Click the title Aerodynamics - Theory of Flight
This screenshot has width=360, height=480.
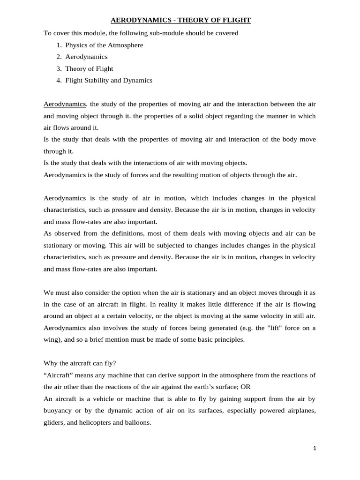coord(180,20)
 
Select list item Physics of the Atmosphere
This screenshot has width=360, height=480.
coord(104,45)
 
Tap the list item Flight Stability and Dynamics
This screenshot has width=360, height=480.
coord(109,80)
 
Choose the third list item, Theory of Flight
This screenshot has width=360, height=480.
coord(89,68)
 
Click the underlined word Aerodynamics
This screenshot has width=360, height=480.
coord(65,104)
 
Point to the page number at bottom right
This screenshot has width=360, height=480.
coord(315,449)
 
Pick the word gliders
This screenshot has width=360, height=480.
coord(54,422)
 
